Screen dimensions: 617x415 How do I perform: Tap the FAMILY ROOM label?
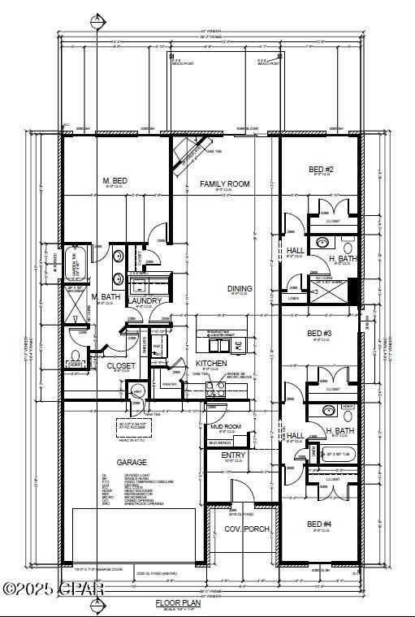(225, 184)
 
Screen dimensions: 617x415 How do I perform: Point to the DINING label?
(240, 288)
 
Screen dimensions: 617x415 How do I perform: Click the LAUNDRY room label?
(145, 300)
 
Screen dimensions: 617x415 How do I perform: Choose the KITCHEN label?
(210, 363)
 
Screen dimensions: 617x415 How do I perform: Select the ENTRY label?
(233, 455)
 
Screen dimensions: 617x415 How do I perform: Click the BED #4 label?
(319, 524)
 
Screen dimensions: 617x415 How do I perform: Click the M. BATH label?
(106, 296)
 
